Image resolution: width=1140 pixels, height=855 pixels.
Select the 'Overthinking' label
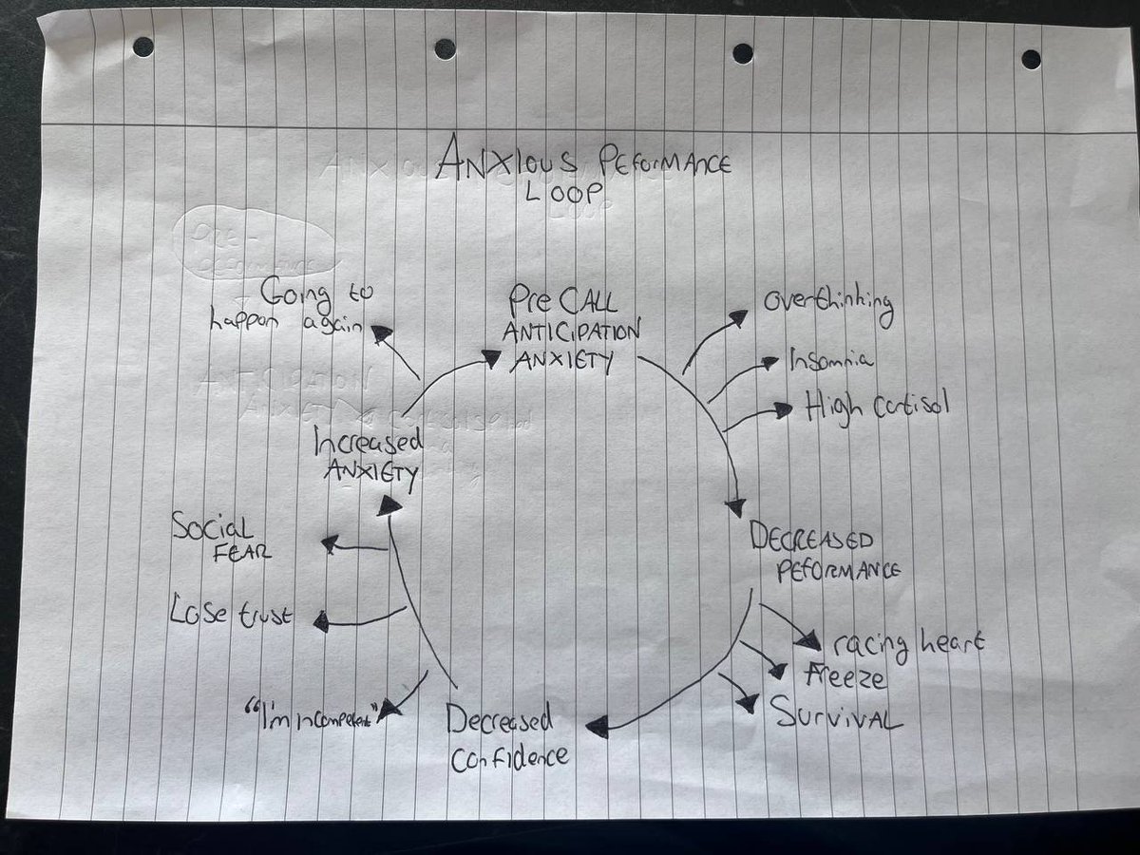(x=828, y=306)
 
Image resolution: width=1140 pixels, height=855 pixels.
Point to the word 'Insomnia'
(x=831, y=360)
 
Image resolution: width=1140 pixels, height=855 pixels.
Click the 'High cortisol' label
(x=876, y=407)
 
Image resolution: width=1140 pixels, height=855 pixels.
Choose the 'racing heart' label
(x=908, y=644)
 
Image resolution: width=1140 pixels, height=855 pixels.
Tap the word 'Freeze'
(x=845, y=677)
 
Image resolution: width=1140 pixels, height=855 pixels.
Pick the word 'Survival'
(x=836, y=713)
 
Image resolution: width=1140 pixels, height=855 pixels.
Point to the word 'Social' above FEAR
(x=212, y=527)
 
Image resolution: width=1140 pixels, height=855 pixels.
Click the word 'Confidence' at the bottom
(x=509, y=756)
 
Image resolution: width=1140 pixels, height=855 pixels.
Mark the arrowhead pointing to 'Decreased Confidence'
(x=597, y=729)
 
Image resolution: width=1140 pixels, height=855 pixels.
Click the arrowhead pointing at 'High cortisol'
(x=783, y=409)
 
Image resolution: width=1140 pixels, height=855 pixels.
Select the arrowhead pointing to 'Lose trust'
(x=321, y=622)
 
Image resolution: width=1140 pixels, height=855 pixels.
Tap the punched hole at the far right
(x=1031, y=59)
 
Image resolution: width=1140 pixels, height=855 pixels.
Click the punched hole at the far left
(x=143, y=47)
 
